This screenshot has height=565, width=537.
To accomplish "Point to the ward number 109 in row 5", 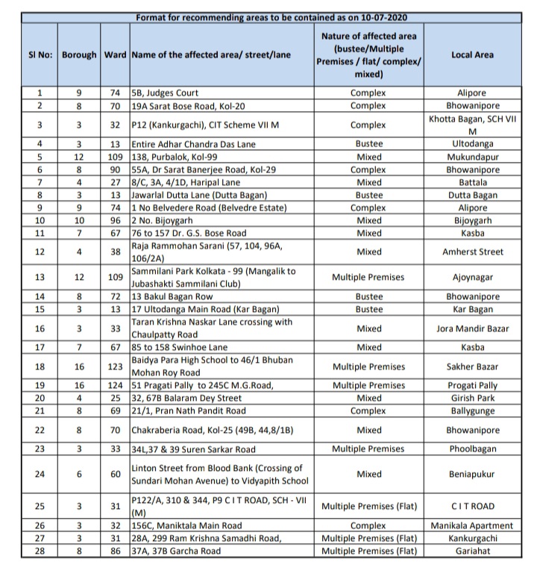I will click(115, 157).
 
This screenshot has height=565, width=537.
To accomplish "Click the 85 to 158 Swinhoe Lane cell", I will click(178, 347).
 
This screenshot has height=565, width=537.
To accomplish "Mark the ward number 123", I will click(115, 366).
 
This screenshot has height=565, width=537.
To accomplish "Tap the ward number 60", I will click(115, 473).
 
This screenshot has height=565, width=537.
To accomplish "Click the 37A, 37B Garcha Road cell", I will click(176, 551).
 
